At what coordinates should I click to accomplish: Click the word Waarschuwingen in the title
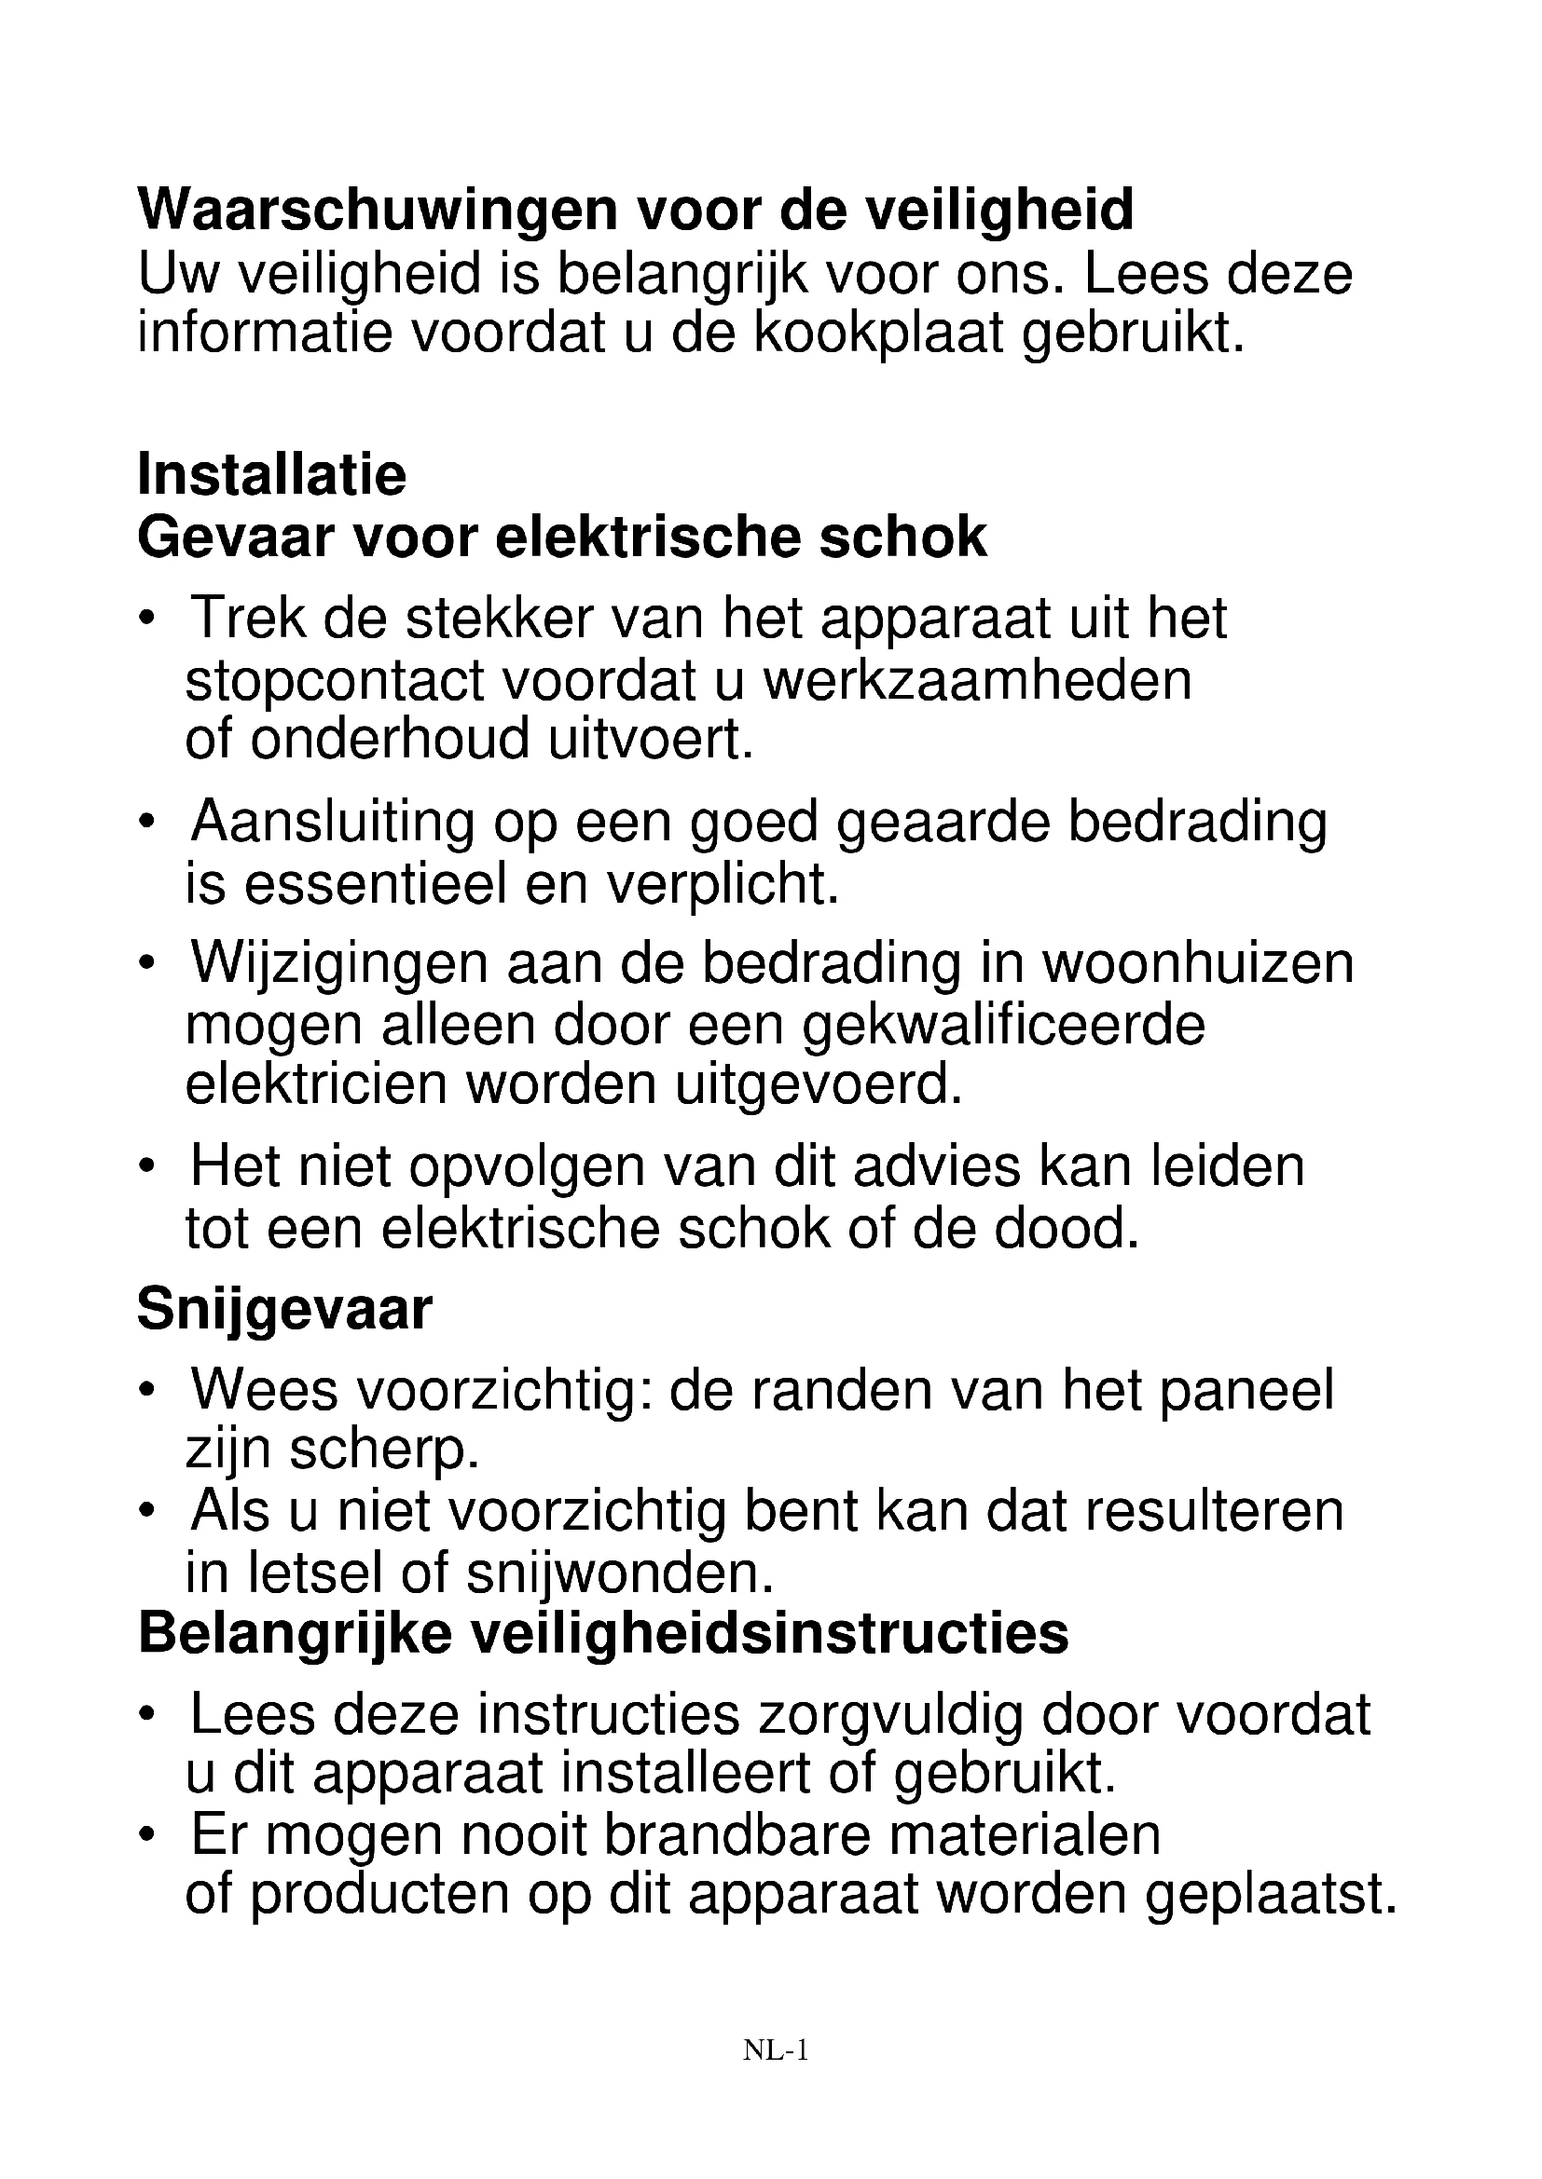coord(377,210)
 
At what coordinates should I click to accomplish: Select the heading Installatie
coord(271,474)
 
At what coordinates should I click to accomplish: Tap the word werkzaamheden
coord(977,679)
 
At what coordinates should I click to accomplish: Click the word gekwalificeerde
coord(1004,1025)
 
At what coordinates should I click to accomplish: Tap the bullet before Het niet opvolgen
coord(145,1167)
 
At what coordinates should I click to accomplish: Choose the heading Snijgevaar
coord(285,1310)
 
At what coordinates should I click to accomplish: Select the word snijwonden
coord(621,1573)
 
